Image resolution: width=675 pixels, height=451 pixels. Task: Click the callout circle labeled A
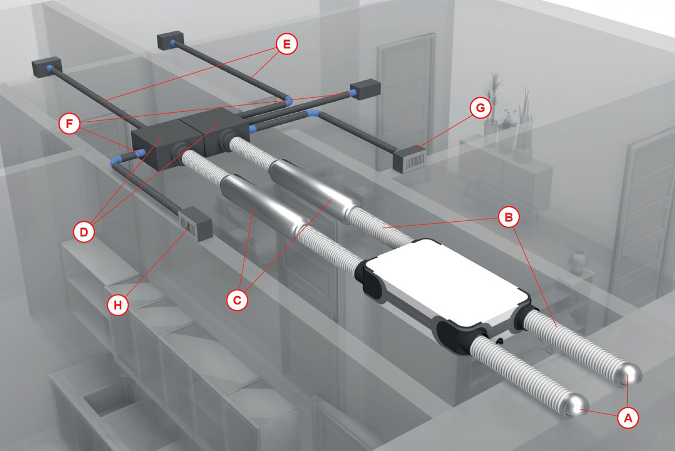[628, 418]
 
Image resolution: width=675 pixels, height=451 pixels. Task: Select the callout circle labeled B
[508, 217]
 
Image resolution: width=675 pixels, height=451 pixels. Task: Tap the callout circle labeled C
[237, 300]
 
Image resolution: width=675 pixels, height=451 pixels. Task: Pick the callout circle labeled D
[84, 232]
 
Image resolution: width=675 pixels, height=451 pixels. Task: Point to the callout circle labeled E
[286, 44]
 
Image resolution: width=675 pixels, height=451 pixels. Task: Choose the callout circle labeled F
[69, 124]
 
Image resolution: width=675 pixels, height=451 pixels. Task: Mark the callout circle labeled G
[480, 107]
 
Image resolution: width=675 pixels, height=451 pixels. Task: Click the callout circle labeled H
[118, 305]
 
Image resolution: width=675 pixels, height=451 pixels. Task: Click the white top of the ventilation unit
[445, 281]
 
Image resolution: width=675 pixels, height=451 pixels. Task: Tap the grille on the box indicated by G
[415, 161]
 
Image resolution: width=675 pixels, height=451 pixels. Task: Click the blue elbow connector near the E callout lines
[289, 101]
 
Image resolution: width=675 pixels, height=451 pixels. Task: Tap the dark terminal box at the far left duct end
[47, 67]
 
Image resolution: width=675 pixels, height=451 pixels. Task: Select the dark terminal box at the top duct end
[170, 40]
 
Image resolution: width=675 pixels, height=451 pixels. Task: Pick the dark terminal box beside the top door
[366, 89]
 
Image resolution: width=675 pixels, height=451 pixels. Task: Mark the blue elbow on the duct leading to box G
[313, 114]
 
